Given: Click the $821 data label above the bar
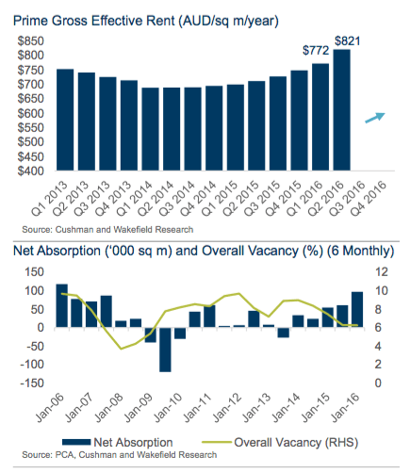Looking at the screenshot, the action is click(347, 41).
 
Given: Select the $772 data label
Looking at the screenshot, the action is click(316, 50).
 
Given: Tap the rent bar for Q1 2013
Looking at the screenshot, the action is click(65, 120).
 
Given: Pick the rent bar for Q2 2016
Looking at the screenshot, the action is click(342, 110).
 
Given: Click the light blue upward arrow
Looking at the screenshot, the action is click(375, 118).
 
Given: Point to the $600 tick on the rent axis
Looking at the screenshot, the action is click(30, 113).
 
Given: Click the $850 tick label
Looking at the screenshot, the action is click(30, 41).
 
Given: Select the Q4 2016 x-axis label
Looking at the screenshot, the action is click(369, 198).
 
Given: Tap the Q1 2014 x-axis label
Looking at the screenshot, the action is click(135, 198).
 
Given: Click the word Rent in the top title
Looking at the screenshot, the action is click(159, 21).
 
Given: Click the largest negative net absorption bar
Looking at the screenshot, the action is click(165, 350).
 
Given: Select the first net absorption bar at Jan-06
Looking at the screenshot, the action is click(62, 305).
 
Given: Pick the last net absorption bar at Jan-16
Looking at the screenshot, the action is click(357, 310).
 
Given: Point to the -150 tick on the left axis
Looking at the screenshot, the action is click(32, 383).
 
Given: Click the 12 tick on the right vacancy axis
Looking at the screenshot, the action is click(382, 272).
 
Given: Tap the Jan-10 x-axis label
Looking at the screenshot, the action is click(168, 407).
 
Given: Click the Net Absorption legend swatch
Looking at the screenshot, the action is click(76, 442).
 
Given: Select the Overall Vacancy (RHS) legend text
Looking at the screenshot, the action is click(296, 443).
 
